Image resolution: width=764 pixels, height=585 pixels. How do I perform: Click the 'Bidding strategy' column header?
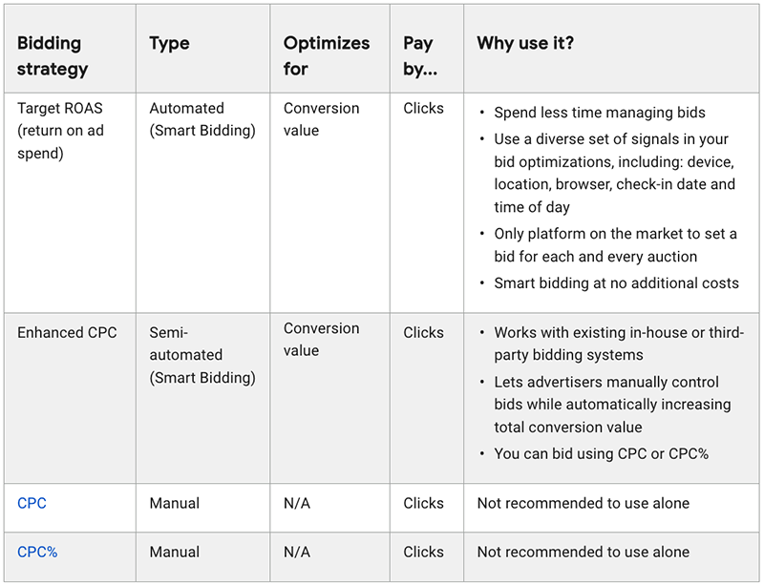click(x=53, y=55)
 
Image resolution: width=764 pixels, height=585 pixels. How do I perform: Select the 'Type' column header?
click(x=169, y=44)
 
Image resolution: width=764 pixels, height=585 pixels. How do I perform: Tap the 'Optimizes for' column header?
click(x=326, y=55)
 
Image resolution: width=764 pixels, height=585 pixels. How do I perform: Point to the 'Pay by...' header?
click(x=420, y=55)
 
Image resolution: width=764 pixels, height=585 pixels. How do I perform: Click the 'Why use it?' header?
click(x=525, y=44)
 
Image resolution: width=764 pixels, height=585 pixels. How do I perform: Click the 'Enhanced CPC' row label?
click(x=67, y=333)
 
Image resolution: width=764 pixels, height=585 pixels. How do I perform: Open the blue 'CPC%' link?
click(x=37, y=552)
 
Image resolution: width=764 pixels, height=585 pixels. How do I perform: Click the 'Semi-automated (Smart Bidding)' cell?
click(x=202, y=355)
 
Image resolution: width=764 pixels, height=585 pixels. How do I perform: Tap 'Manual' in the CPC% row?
click(x=175, y=552)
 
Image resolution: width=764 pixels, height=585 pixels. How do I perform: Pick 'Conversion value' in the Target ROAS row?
click(x=321, y=119)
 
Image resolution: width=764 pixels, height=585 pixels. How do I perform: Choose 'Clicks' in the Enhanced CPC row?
click(x=423, y=333)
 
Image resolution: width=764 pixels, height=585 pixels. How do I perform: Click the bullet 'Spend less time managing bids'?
click(x=599, y=113)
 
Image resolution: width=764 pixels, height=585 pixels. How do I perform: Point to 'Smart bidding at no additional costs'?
click(x=616, y=282)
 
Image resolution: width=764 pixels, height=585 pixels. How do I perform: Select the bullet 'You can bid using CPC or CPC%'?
click(x=601, y=454)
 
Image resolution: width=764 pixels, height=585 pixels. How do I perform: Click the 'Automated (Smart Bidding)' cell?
click(x=202, y=119)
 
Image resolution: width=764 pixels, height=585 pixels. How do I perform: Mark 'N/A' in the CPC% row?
click(x=297, y=552)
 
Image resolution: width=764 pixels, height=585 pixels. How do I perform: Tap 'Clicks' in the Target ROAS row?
click(x=423, y=109)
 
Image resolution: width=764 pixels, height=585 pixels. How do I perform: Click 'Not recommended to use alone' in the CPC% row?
click(x=583, y=552)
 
